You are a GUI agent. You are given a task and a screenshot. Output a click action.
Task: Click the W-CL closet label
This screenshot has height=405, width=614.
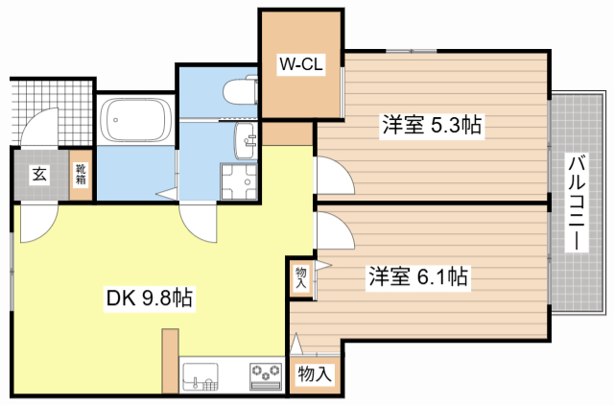tap(301, 64)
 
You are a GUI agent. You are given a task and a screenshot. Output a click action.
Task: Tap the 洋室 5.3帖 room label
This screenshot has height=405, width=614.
tap(432, 126)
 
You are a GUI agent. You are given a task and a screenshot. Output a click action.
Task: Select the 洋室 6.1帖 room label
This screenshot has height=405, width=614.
tap(418, 277)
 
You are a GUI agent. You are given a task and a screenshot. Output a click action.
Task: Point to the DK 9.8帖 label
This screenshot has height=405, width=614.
tap(150, 298)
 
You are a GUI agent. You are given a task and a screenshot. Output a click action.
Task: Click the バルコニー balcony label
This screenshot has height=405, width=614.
tap(577, 202)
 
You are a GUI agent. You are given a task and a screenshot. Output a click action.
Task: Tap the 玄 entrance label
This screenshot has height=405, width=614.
tap(39, 174)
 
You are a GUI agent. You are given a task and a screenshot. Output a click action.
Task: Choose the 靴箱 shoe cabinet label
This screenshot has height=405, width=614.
tap(81, 175)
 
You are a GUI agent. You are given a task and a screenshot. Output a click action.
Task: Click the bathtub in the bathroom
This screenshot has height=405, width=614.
tap(135, 119)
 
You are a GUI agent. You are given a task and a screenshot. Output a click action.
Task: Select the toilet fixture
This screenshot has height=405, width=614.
tap(241, 91)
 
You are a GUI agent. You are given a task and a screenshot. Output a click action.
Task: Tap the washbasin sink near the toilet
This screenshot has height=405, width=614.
tap(246, 140)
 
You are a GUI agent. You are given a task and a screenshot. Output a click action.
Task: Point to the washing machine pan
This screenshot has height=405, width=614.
tap(239, 181)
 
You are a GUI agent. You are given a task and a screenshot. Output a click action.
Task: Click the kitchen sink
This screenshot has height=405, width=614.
tap(201, 376)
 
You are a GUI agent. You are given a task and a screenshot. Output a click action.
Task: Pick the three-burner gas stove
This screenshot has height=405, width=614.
tap(267, 377)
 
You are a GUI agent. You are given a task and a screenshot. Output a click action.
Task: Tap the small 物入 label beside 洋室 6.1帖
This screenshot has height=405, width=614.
tap(300, 277)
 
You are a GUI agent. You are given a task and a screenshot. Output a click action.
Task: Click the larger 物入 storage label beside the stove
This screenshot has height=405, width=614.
tap(315, 373)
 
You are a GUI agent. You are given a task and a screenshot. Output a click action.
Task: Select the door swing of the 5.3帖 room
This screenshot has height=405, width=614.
tap(335, 175)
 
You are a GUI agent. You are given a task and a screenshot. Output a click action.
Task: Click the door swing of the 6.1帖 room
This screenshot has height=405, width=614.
tap(335, 230)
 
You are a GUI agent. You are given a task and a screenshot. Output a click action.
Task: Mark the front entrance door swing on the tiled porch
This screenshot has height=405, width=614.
tap(38, 127)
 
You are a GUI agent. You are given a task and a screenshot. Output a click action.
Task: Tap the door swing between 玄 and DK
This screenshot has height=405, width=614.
tap(38, 223)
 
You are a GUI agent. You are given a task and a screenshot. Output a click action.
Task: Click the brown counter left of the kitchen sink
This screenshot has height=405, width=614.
tap(170, 361)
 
